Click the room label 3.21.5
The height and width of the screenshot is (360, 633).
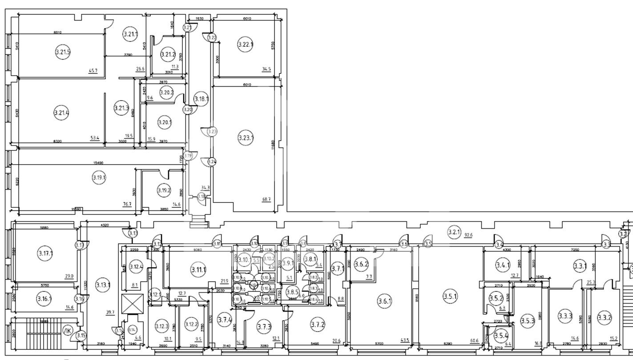(63, 53)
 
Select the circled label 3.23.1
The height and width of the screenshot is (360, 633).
(246, 138)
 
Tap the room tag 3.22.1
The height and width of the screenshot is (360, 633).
(246, 44)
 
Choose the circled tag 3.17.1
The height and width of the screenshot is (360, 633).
(46, 254)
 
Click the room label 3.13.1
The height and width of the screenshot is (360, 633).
(103, 285)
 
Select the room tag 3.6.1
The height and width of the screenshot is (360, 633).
(384, 301)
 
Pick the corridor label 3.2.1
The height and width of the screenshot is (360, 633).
(454, 232)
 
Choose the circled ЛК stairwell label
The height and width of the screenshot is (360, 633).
(68, 331)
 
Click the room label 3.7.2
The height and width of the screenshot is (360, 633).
(317, 325)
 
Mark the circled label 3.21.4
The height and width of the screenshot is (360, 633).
(61, 113)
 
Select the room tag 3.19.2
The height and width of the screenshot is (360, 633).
(164, 190)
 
